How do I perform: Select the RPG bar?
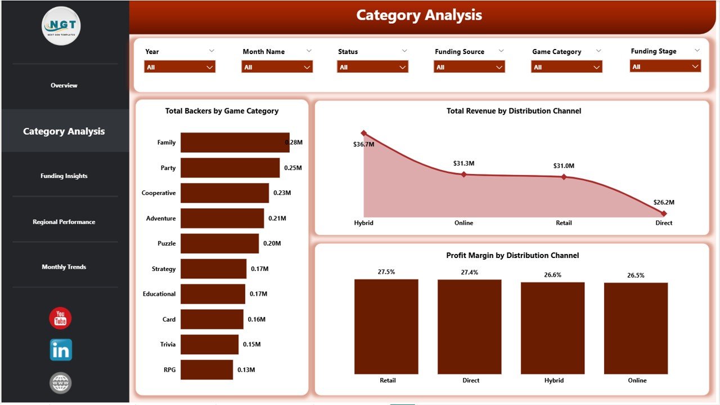pyautogui.click(x=206, y=370)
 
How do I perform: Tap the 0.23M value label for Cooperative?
pyautogui.click(x=282, y=193)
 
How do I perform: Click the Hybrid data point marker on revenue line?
pyautogui.click(x=363, y=133)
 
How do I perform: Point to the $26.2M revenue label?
pyautogui.click(x=664, y=202)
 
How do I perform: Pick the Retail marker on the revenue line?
pyautogui.click(x=564, y=177)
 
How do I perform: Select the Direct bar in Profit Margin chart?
pyautogui.click(x=470, y=327)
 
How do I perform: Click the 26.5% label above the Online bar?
pyautogui.click(x=636, y=275)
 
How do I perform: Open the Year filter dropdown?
pyautogui.click(x=180, y=67)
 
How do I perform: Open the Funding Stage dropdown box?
pyautogui.click(x=665, y=66)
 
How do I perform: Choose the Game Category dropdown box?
pyautogui.click(x=566, y=67)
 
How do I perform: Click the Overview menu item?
pyautogui.click(x=64, y=86)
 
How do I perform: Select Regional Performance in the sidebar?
pyautogui.click(x=64, y=222)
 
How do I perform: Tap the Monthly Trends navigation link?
pyautogui.click(x=64, y=267)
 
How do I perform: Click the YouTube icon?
pyautogui.click(x=60, y=318)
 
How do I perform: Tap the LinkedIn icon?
pyautogui.click(x=61, y=350)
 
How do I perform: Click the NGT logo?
pyautogui.click(x=61, y=26)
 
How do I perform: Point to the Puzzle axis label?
pyautogui.click(x=166, y=244)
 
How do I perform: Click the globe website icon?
pyautogui.click(x=60, y=383)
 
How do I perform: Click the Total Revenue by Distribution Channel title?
pyautogui.click(x=514, y=111)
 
